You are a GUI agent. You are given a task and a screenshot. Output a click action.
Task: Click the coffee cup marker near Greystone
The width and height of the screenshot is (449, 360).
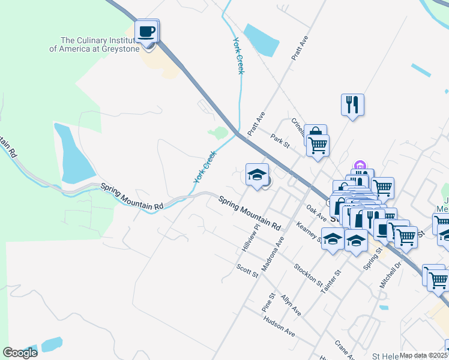point(147,31)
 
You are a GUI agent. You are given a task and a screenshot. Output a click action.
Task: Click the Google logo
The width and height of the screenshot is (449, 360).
point(20,353)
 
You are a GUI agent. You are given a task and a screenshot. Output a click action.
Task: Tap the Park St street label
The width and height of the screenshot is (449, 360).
point(280,140)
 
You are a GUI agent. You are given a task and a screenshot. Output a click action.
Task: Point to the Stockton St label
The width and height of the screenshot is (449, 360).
point(309,274)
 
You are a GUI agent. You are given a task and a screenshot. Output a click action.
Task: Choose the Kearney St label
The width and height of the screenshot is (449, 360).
point(310,232)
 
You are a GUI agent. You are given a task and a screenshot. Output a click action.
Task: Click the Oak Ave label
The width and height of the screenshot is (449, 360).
point(316,211)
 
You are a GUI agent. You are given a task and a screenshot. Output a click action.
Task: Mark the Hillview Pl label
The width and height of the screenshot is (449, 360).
point(250,236)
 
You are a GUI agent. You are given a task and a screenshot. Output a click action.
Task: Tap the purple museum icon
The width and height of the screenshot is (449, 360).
point(360,165)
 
